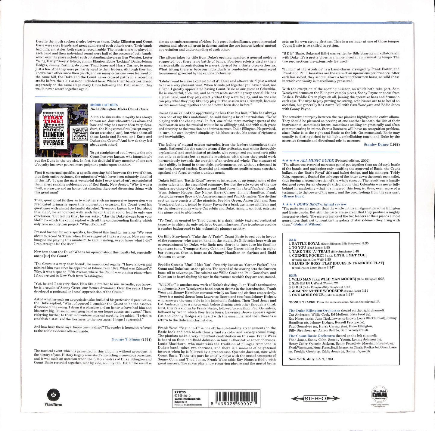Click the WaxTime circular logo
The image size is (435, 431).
click(53, 395)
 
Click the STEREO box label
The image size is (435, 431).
click(315, 398)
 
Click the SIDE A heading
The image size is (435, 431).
click(292, 240)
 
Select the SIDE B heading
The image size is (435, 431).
click(292, 275)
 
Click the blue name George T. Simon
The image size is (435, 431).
click(126, 339)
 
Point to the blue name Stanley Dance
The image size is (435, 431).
click(376, 144)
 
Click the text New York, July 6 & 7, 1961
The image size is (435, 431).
click(311, 359)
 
